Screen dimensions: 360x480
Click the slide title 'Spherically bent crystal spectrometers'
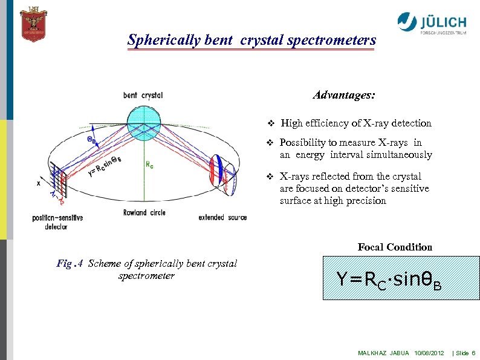251,41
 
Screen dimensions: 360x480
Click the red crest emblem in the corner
33,24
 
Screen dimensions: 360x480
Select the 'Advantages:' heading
344,95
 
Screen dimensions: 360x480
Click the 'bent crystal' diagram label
143,95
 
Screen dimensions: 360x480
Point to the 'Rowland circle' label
144,212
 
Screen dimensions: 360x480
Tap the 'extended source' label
222,217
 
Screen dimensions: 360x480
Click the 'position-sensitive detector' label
57,221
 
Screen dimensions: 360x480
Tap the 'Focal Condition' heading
395,247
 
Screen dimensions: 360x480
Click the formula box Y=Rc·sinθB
388,278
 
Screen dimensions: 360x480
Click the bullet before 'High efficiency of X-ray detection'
271,123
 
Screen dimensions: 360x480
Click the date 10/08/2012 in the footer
430,353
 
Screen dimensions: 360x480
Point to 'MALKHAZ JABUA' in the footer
383,353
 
